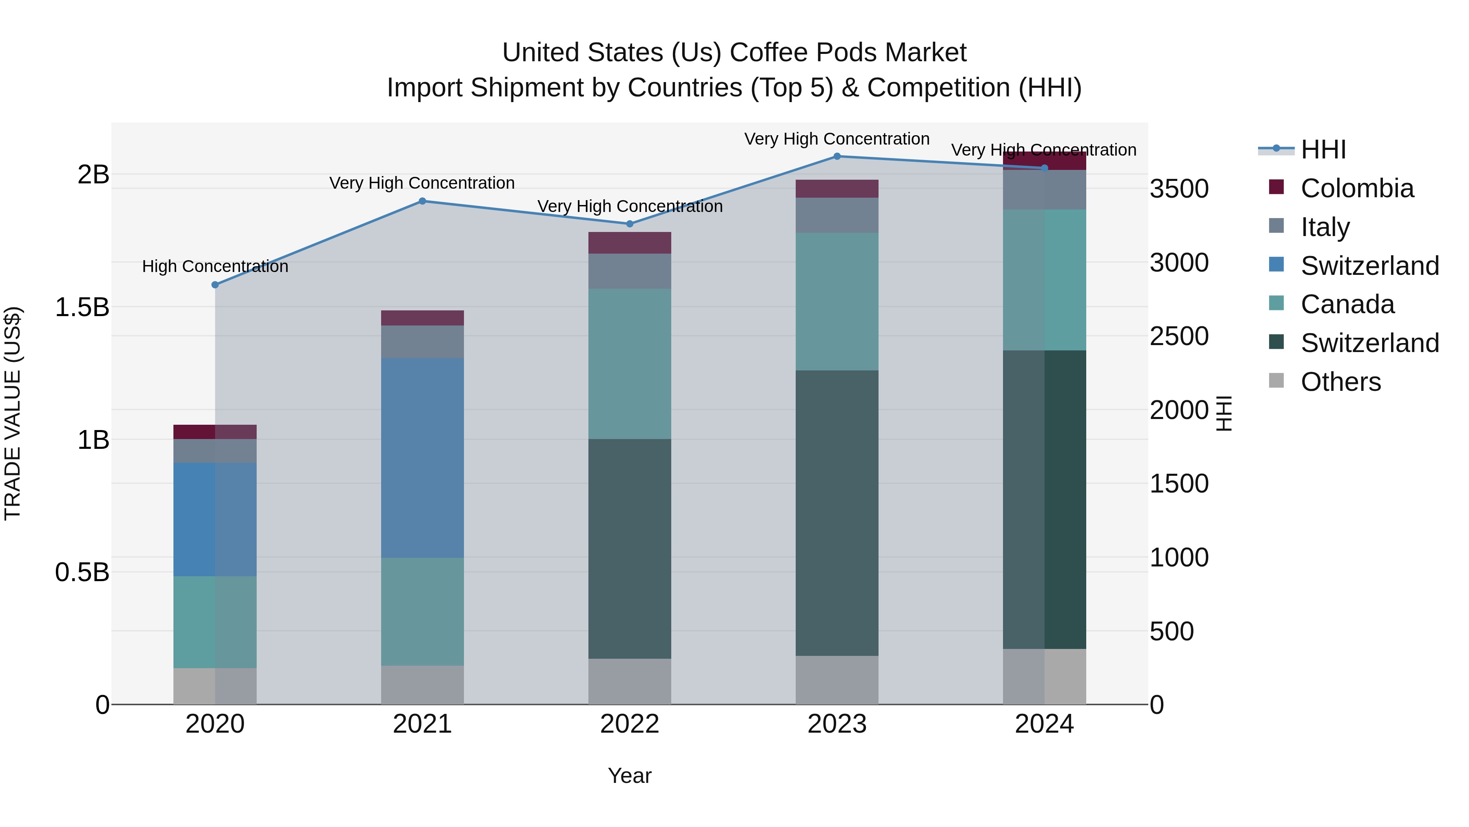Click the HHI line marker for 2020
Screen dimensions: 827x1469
click(215, 285)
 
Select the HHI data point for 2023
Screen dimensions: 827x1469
click(837, 156)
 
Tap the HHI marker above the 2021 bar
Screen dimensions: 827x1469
click(423, 201)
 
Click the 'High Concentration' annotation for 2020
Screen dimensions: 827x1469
click(215, 267)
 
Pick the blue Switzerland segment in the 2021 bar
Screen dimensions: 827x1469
click(423, 458)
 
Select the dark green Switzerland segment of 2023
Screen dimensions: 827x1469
click(837, 513)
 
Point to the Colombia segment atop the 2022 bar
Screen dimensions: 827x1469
click(630, 243)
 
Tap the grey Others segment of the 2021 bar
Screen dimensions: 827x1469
click(423, 684)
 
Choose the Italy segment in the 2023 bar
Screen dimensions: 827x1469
click(837, 215)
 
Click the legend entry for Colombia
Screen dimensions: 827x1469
click(1357, 188)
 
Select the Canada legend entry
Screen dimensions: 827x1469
click(1347, 304)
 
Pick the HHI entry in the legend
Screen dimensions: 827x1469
click(1323, 149)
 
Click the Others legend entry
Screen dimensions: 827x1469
click(1340, 382)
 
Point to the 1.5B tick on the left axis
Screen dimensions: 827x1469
click(82, 308)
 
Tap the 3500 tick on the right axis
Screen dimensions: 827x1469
click(1179, 189)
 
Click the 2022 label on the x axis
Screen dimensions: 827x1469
click(630, 724)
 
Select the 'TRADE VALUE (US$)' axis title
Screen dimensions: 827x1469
click(13, 413)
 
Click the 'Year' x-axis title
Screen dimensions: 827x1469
click(630, 776)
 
